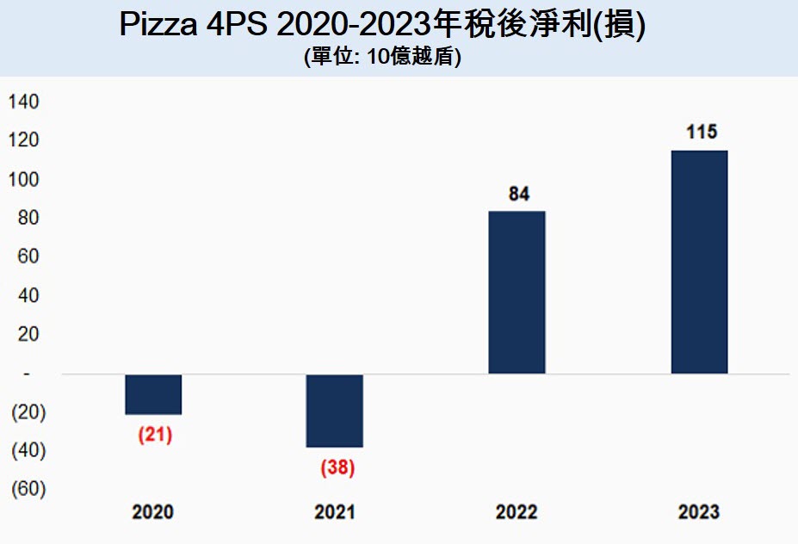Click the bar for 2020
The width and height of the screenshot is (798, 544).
[x=153, y=394]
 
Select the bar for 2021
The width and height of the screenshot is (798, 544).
[x=335, y=411]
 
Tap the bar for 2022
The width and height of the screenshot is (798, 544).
[x=517, y=292]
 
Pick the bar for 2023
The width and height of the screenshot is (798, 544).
[x=699, y=262]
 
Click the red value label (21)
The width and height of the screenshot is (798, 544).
[x=155, y=435]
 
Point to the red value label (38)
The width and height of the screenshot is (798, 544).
[x=337, y=469]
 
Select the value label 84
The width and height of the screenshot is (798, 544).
[x=518, y=194]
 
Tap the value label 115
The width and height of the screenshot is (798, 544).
[x=701, y=133]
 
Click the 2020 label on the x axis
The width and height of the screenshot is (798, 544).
[x=152, y=512]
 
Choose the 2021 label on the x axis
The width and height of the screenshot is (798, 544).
[x=335, y=512]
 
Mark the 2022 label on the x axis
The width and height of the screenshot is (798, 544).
[x=517, y=512]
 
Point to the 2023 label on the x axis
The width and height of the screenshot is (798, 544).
[x=698, y=512]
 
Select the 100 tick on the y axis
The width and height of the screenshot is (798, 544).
[x=24, y=180]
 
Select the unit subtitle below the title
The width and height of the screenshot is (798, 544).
[x=382, y=58]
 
